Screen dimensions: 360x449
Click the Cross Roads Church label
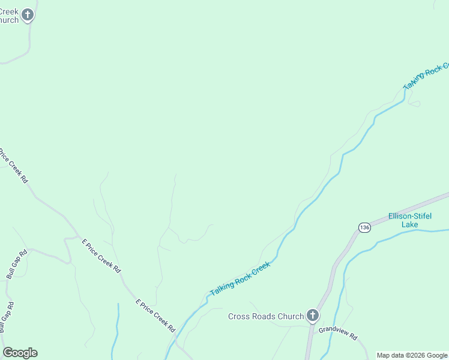click(x=266, y=316)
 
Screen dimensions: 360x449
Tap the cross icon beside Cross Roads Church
click(x=312, y=316)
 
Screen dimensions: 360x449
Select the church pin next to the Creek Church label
click(x=28, y=14)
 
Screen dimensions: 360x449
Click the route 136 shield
click(x=364, y=227)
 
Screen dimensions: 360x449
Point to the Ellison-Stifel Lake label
click(x=410, y=220)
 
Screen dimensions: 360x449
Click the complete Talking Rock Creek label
click(x=240, y=277)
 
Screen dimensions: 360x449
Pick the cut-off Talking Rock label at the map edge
click(x=426, y=76)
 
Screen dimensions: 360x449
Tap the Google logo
click(x=20, y=353)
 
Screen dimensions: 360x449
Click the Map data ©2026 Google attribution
click(x=412, y=355)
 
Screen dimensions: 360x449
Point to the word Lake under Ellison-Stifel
click(x=410, y=224)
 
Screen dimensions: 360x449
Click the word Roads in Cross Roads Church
click(x=270, y=316)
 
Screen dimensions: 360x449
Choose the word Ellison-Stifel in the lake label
click(x=410, y=216)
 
